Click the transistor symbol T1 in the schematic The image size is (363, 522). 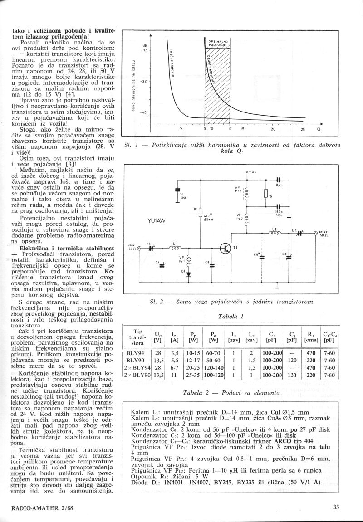tap(226, 249)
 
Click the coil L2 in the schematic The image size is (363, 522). tap(274, 234)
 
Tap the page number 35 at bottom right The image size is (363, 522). tap(336, 508)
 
